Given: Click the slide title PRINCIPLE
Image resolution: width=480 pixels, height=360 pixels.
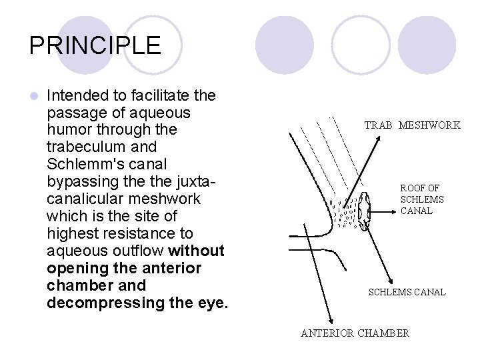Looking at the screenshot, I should click(x=95, y=45).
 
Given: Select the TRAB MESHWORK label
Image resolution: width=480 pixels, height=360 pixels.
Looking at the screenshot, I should click(x=412, y=125).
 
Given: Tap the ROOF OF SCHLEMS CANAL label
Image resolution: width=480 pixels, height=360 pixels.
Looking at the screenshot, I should click(x=422, y=199).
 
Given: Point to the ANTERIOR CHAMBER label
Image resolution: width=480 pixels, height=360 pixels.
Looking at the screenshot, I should click(x=355, y=333).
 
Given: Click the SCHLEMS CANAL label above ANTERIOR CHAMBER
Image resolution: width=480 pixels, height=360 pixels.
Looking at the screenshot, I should click(x=407, y=292).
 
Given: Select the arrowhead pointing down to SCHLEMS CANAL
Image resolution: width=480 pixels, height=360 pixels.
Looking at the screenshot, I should click(x=393, y=283).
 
